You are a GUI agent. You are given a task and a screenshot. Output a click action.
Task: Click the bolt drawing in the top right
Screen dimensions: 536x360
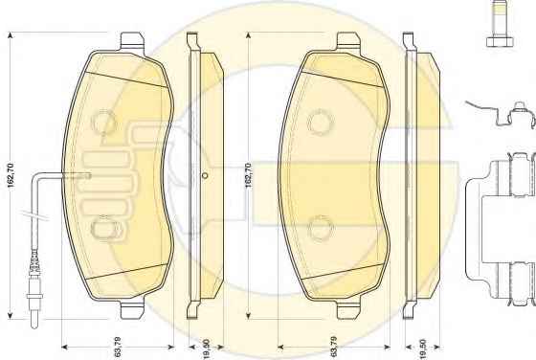[500, 24]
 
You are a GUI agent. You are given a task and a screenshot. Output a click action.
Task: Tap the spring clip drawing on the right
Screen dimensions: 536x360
[502, 115]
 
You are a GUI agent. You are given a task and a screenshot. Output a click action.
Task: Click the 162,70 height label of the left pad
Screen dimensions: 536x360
[11, 176]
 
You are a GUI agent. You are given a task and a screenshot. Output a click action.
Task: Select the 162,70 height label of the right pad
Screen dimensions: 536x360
[248, 175]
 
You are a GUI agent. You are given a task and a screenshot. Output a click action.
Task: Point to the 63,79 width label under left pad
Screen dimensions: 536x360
[117, 347]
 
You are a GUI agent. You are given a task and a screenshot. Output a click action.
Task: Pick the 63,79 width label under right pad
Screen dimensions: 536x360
[334, 347]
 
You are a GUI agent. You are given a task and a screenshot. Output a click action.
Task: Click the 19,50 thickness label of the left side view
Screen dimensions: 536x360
[206, 349]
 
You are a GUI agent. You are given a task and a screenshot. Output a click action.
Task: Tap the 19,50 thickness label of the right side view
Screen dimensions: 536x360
[423, 349]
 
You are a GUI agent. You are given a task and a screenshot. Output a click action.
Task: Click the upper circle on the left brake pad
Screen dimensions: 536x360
[103, 122]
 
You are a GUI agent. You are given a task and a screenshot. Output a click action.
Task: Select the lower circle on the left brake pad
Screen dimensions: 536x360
[103, 228]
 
